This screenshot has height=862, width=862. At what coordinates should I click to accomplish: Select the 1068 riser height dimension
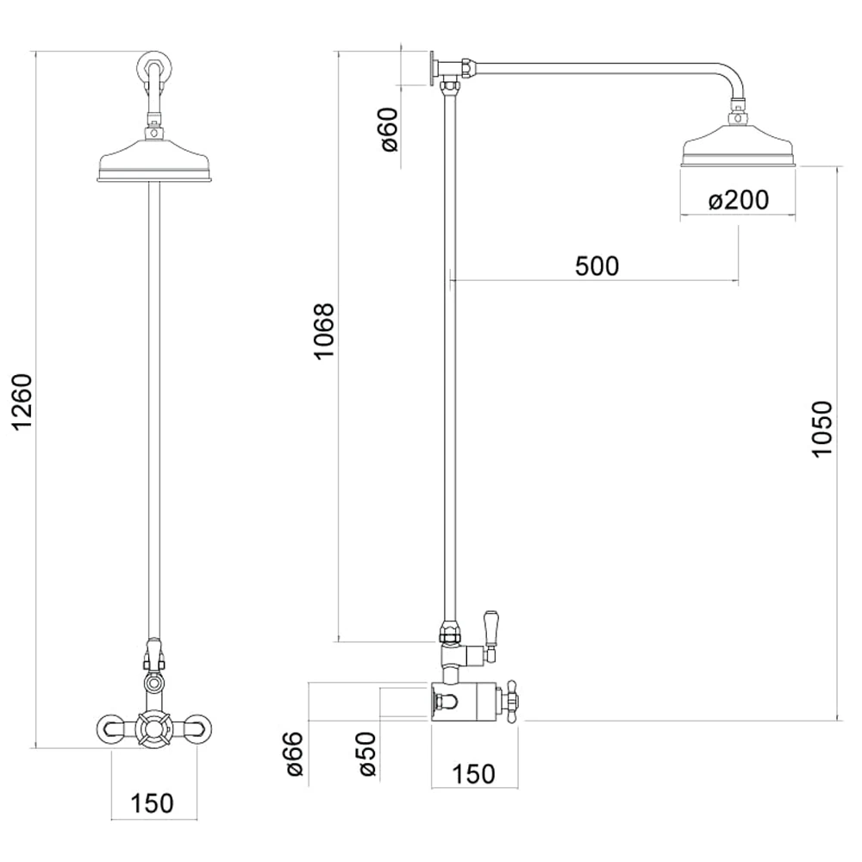pos(323,331)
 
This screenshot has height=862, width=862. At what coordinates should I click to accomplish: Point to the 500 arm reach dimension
pos(597,266)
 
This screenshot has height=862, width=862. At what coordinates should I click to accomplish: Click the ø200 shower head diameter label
pos(738,201)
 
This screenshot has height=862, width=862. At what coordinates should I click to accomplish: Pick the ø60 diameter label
pos(389,130)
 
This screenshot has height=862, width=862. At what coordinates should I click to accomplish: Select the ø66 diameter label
pos(294,754)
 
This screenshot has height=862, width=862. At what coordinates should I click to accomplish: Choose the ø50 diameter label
pos(367,754)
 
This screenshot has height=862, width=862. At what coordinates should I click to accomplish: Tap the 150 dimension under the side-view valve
pos(473,774)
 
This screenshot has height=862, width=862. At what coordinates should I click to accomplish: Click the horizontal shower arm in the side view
pos(603,64)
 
